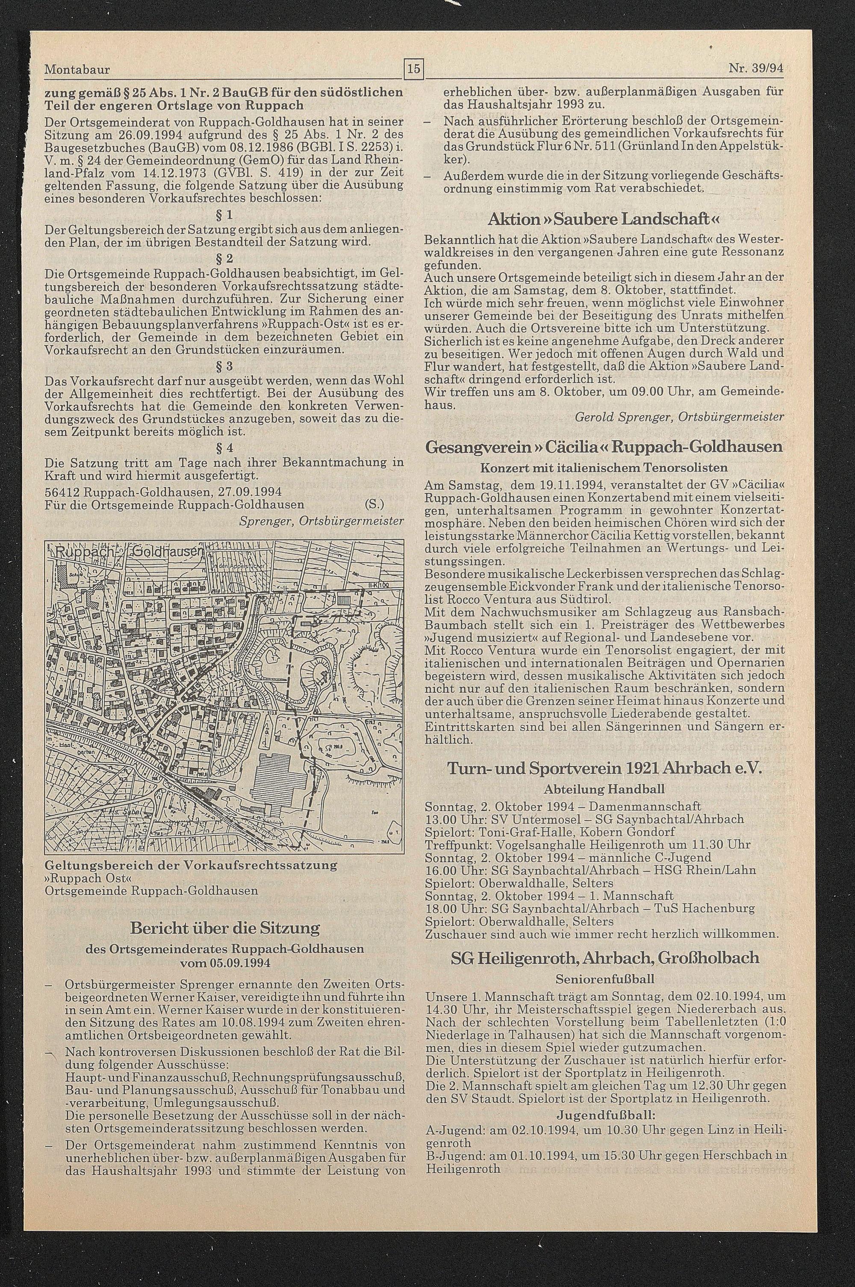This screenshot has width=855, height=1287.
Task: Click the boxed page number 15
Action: (414, 69)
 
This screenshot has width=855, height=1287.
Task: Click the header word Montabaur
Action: (77, 70)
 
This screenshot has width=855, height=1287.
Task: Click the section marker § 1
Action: (225, 215)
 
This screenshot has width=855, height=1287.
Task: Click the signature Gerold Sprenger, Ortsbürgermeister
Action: (679, 417)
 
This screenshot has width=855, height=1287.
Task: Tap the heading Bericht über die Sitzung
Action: (225, 928)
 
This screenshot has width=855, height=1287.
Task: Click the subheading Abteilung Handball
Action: (604, 789)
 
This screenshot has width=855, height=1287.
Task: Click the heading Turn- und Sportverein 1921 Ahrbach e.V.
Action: (604, 769)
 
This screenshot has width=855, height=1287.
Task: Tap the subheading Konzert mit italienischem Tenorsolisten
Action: (604, 468)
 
